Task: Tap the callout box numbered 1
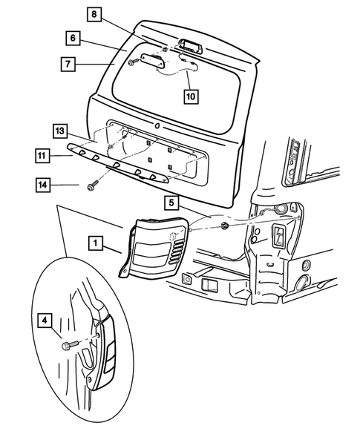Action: tap(95, 242)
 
